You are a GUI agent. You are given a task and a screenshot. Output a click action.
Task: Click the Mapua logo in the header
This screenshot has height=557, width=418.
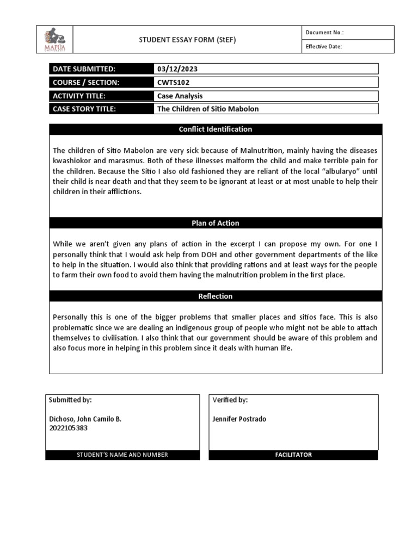(x=54, y=40)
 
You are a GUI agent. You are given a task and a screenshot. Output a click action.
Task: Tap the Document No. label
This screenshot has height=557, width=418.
(x=324, y=33)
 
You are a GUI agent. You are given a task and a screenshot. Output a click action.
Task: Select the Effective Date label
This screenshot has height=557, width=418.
(x=323, y=47)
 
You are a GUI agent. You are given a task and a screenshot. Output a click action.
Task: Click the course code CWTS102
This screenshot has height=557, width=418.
(x=173, y=82)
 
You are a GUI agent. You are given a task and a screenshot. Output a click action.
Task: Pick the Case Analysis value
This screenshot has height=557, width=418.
(x=180, y=96)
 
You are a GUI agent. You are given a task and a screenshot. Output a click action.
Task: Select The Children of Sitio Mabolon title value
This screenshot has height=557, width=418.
(x=208, y=109)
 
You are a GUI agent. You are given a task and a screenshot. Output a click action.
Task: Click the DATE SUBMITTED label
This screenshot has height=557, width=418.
(x=84, y=69)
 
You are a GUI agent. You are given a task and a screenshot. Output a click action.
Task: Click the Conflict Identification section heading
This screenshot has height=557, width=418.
(x=216, y=129)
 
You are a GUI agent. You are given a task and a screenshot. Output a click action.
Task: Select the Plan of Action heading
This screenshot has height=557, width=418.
(x=216, y=223)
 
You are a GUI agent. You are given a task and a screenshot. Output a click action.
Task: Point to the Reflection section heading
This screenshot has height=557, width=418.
(x=216, y=296)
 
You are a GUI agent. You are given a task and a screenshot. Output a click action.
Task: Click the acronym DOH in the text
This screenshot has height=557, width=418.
(x=229, y=254)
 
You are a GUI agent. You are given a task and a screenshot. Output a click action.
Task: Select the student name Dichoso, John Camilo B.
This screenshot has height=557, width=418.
(x=85, y=419)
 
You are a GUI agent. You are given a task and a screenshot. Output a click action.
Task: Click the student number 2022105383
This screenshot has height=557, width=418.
(x=69, y=428)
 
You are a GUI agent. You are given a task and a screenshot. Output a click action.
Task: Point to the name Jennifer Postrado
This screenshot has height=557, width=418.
(x=240, y=419)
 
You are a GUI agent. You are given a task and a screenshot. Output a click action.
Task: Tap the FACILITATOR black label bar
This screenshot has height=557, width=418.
(x=293, y=455)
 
